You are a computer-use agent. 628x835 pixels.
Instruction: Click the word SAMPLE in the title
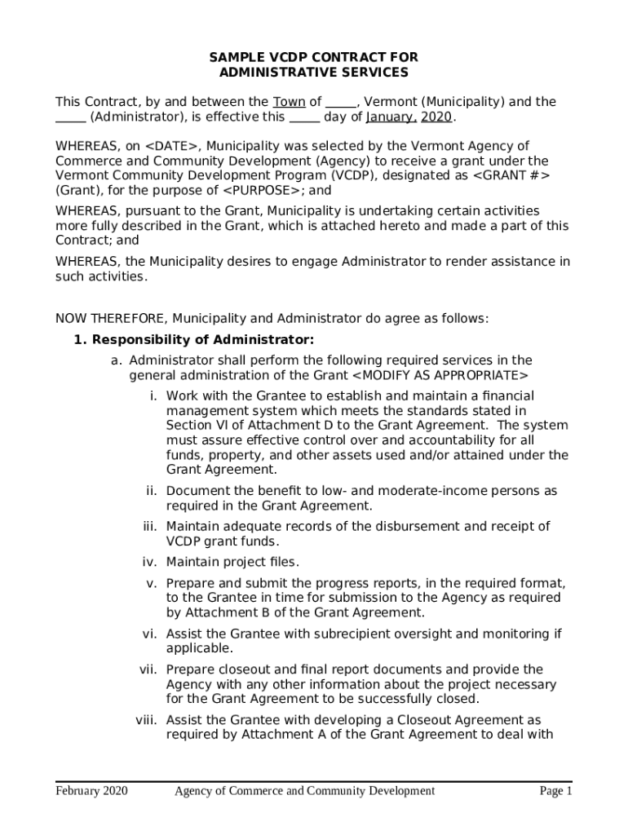coord(233,57)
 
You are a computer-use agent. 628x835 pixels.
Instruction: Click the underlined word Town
coord(289,102)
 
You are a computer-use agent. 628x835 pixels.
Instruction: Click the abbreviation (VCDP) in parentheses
coord(334,175)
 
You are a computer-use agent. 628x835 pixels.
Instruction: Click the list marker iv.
coord(149,562)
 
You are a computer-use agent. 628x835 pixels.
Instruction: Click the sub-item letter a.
coord(117,360)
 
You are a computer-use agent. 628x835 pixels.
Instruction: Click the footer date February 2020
coord(91,791)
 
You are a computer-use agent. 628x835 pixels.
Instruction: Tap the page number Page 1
coord(555,791)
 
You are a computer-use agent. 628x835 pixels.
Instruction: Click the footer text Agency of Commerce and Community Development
coord(304,791)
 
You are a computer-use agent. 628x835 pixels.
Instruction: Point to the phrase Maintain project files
coord(232,562)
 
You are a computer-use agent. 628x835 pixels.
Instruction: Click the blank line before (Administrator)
coord(70,117)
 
